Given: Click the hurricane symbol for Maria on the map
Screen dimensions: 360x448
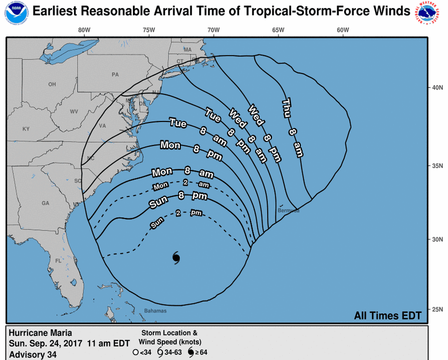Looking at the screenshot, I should pos(176,258).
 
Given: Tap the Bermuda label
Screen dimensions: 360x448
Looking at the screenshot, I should pos(289,210).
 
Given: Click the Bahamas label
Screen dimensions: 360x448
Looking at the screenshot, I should pos(156,310).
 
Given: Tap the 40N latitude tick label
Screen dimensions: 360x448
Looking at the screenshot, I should pos(438,88).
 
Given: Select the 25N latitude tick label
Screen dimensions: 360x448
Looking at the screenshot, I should pos(438,309).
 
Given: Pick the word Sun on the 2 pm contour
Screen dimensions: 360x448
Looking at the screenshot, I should pos(157,223).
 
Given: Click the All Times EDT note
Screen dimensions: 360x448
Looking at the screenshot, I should pos(388,315).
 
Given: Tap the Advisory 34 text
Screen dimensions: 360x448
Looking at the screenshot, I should pos(33,354).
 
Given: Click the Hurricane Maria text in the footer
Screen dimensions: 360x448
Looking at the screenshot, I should pos(40,333).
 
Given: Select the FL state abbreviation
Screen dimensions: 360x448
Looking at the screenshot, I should pos(58,261).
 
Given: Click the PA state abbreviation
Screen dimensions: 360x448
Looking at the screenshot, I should pos(115,74).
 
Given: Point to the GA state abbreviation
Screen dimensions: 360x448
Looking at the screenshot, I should pos(45,203).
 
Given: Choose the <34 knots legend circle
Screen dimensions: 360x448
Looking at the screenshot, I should pos(135,352).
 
